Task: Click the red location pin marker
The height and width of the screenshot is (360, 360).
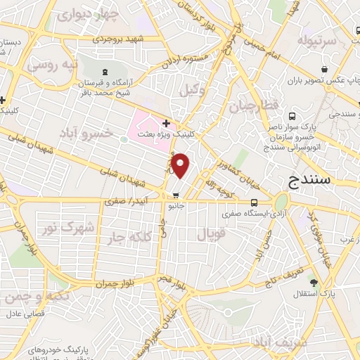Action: coord(181,166)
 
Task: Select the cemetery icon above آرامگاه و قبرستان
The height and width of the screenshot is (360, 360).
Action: coord(105,72)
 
